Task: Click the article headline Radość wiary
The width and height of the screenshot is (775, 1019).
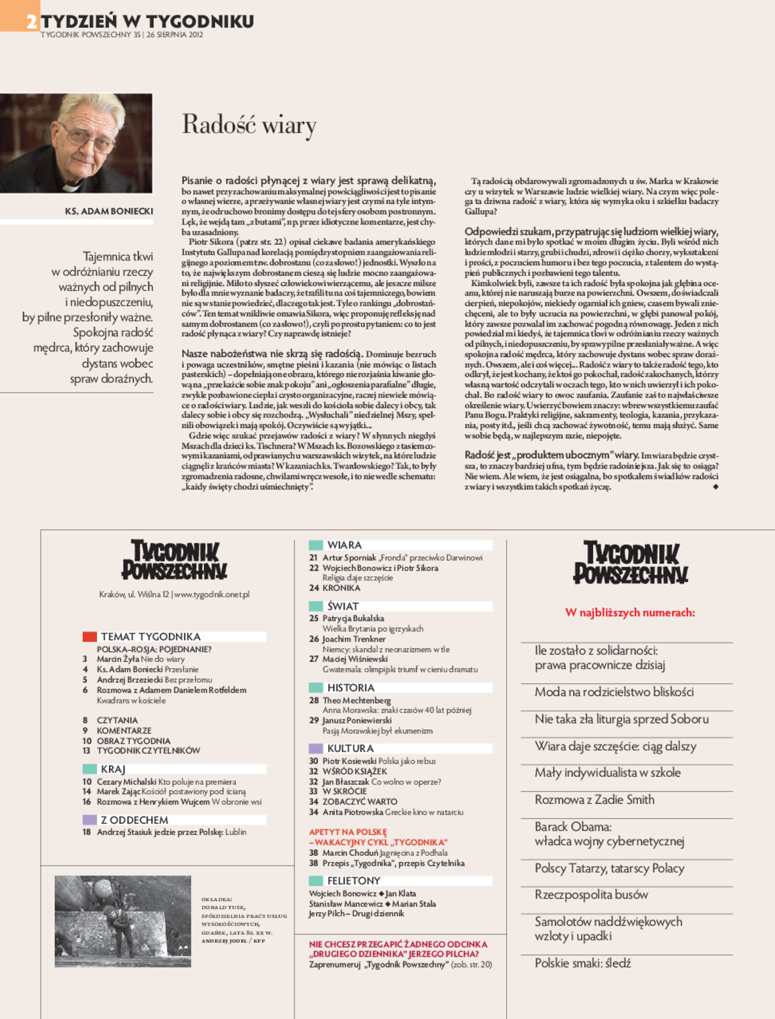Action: click(x=249, y=125)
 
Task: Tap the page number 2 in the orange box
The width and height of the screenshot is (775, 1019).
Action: click(x=31, y=21)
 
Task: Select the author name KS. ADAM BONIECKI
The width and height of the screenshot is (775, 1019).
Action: click(x=109, y=211)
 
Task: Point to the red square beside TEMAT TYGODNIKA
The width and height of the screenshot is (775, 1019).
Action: click(x=90, y=637)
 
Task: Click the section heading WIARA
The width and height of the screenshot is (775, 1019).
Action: click(x=344, y=545)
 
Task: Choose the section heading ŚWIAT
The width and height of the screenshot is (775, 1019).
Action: click(x=343, y=606)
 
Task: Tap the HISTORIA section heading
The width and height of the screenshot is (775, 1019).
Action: click(x=350, y=687)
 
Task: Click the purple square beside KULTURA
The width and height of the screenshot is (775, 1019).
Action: click(x=316, y=748)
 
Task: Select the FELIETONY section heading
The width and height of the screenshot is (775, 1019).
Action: click(x=353, y=881)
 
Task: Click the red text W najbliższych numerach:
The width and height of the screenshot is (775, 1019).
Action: click(x=630, y=612)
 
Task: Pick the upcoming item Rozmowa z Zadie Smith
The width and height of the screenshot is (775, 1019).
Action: click(x=594, y=800)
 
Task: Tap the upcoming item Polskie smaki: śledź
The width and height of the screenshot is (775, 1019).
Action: click(x=582, y=964)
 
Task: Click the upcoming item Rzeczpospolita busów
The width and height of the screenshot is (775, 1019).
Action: click(x=591, y=895)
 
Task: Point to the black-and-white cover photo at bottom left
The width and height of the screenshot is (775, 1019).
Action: click(x=122, y=921)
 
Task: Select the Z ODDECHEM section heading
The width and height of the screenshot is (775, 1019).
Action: click(x=134, y=820)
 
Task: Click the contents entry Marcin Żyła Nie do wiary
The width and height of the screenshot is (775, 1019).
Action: click(x=140, y=659)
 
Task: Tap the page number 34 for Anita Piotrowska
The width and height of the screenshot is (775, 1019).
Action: click(x=313, y=812)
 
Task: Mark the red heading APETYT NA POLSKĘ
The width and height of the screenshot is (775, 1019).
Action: click(x=348, y=832)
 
